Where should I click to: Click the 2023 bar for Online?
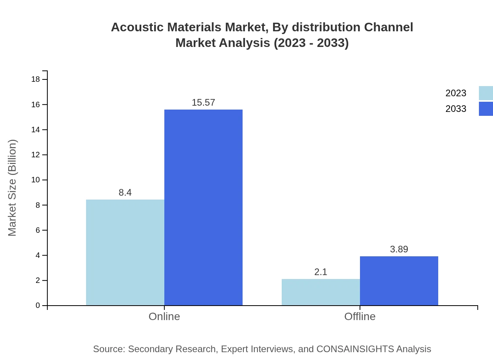[x=125, y=252]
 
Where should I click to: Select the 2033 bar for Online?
[x=203, y=207]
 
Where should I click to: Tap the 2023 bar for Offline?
[x=321, y=292]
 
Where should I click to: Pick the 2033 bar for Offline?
[x=399, y=281]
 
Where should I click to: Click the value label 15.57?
[x=203, y=103]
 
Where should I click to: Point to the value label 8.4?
[x=125, y=193]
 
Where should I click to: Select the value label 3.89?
[x=399, y=249]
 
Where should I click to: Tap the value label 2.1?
[x=321, y=272]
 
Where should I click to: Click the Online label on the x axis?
[x=164, y=316]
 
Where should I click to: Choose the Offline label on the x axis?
[x=360, y=316]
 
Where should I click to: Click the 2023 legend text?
[x=456, y=93]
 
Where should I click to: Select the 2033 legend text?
[x=456, y=109]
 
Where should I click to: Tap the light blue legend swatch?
[x=486, y=93]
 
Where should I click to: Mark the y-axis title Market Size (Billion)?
[x=12, y=188]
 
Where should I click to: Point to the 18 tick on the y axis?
[x=36, y=79]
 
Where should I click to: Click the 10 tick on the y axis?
[x=36, y=180]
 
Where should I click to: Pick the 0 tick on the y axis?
[x=38, y=306]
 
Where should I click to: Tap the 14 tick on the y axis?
[x=36, y=130]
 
